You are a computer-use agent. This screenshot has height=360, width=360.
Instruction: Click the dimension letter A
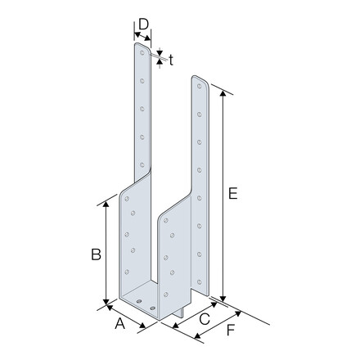tap(119, 325)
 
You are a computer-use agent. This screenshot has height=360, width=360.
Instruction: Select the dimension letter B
tap(96, 254)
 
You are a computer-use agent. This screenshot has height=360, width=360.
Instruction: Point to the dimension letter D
tap(142, 25)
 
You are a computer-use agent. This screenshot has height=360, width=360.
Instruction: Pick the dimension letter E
tap(233, 194)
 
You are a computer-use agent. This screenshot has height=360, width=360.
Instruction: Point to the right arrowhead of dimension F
tap(240, 312)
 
